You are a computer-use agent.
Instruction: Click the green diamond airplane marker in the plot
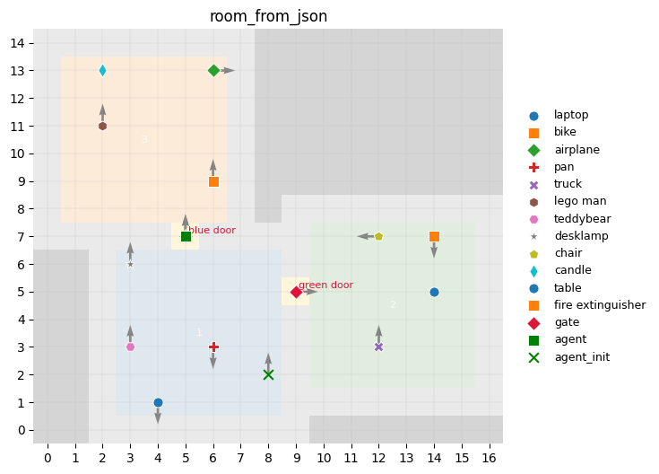tap(213, 70)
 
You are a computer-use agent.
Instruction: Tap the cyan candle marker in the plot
tap(102, 70)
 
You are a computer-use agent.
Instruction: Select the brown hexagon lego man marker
tap(102, 126)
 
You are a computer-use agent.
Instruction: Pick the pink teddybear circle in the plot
tap(130, 347)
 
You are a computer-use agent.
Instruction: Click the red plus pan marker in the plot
tap(213, 347)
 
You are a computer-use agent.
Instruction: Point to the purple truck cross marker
tap(378, 347)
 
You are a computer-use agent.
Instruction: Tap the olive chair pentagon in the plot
tap(378, 236)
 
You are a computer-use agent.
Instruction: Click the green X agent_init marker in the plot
tap(268, 374)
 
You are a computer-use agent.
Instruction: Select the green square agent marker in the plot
tap(186, 236)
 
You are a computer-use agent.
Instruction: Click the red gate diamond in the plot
tap(296, 292)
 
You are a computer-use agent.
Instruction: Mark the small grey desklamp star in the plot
tap(130, 264)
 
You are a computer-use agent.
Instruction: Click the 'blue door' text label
tap(212, 231)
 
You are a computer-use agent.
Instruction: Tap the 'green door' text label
tap(325, 285)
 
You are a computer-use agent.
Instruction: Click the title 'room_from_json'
tap(268, 16)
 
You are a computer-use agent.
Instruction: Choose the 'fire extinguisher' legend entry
tap(599, 305)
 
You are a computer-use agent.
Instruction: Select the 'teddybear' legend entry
tap(582, 218)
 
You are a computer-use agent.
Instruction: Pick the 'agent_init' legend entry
tap(582, 356)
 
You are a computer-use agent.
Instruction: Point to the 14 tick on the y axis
tap(27, 43)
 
